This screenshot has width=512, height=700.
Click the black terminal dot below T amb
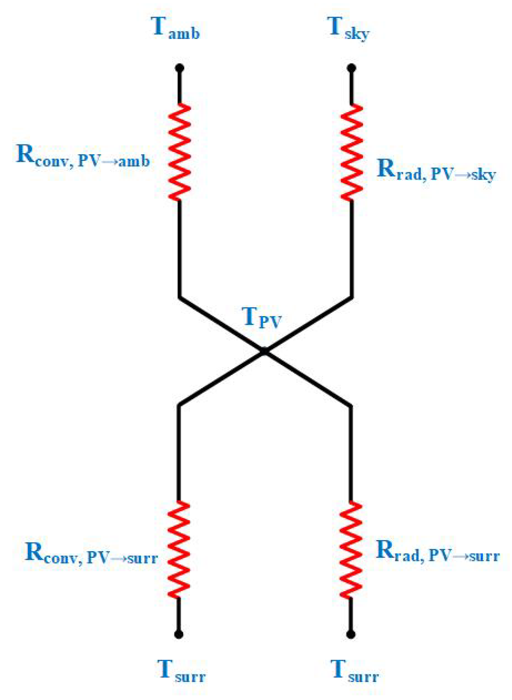coord(180,67)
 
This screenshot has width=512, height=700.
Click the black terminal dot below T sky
coord(351,68)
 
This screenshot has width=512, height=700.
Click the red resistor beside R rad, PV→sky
coord(352,152)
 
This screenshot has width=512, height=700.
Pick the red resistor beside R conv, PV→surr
coord(179,549)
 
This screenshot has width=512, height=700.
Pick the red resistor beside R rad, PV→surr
coord(351,549)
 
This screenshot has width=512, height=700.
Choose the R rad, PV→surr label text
coord(437,552)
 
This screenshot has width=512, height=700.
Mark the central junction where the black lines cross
coord(265,351)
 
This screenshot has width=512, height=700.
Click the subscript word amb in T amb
coord(184,34)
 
